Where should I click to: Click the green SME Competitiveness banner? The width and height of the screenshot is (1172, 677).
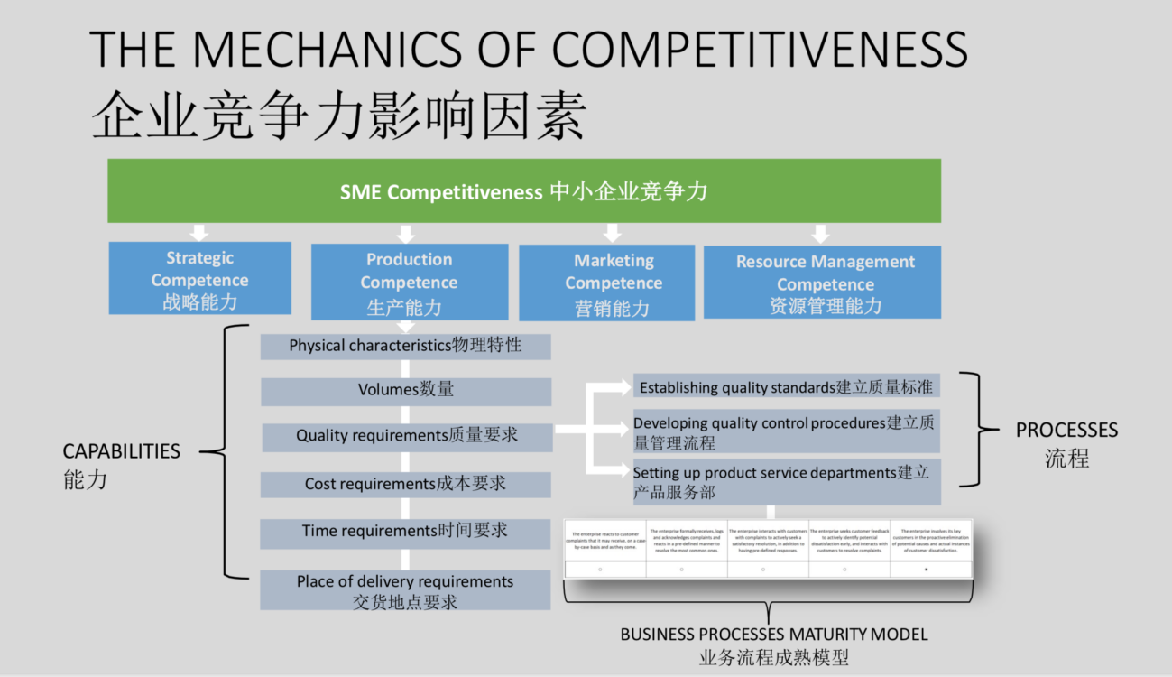point(523,191)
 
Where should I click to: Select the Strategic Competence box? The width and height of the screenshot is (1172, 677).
point(199,279)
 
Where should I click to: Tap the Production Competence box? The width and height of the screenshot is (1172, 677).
point(409,282)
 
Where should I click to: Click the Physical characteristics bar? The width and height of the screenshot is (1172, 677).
point(405,346)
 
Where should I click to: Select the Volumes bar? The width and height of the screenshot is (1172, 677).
point(405,390)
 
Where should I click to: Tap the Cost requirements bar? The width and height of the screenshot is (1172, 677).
point(405,484)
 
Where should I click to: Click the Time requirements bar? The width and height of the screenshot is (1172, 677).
point(405,532)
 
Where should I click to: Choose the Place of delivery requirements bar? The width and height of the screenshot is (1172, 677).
point(405,590)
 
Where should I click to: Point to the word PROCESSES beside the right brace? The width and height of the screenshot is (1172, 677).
point(1066,431)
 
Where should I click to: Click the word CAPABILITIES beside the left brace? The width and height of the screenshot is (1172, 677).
point(121,451)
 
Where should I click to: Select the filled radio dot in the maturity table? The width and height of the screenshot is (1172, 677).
point(926,570)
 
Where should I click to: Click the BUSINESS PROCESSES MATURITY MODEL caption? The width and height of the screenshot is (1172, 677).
point(773,635)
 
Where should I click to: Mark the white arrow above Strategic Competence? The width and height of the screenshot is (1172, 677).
point(199,231)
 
